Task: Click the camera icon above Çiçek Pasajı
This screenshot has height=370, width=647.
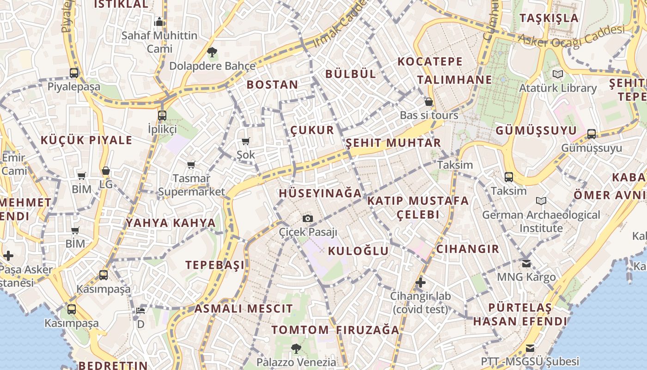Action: [307, 218]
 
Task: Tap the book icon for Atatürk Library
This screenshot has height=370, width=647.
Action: [558, 74]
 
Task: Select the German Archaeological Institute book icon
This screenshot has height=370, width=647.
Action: [541, 201]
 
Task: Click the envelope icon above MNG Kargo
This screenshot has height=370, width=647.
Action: [526, 263]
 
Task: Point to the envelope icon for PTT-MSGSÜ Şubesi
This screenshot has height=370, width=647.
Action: [530, 347]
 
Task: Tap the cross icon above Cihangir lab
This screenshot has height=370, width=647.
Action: [420, 282]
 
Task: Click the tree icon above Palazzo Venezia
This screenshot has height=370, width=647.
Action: [296, 348]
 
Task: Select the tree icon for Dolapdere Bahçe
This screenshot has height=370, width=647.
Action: [212, 52]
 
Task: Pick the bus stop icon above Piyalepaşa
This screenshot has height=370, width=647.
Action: [74, 73]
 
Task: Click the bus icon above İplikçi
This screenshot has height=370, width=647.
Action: [162, 115]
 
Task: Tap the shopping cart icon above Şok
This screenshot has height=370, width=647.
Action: [245, 141]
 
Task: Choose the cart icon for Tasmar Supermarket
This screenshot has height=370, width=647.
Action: [191, 165]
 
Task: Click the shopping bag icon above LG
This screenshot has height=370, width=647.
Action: [106, 171]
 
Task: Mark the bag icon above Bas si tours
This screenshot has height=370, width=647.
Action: [429, 102]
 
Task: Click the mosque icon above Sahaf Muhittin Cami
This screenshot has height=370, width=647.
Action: [159, 22]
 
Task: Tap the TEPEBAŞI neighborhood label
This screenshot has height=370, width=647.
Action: [215, 265]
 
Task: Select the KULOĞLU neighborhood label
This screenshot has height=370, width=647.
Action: [359, 251]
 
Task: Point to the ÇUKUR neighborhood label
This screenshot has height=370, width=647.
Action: [312, 130]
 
